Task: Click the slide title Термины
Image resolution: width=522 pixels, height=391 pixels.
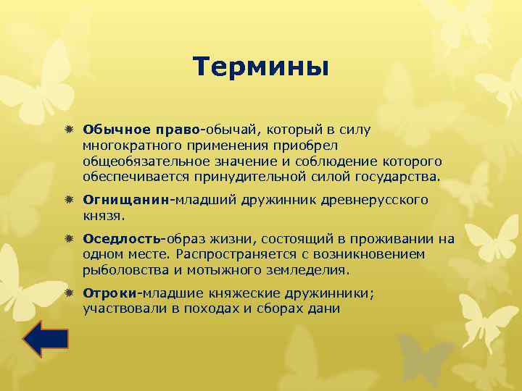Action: (261, 67)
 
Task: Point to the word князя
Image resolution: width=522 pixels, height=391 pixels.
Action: (103, 214)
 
